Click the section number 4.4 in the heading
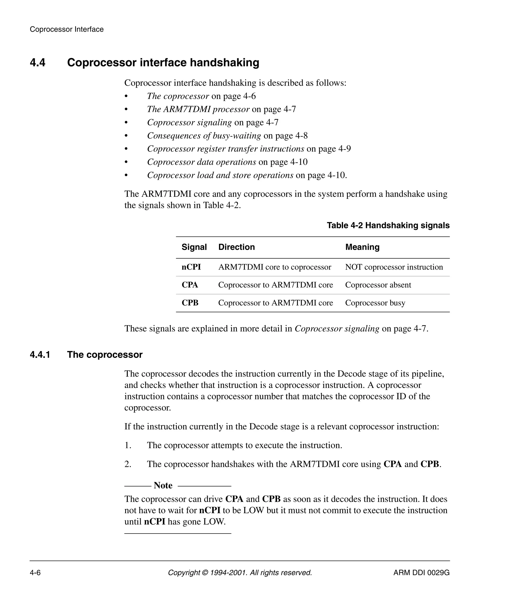point(37,63)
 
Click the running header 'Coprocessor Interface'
point(66,29)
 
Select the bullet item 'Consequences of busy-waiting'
point(204,136)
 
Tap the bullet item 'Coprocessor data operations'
point(201,162)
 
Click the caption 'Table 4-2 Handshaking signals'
point(388,225)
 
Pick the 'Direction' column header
point(236,247)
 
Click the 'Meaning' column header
point(362,247)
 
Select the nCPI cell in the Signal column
point(191,267)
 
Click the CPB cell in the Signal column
point(190,303)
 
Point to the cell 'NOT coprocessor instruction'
point(394,267)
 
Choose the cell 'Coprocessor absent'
point(378,285)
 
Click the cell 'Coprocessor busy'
point(375,303)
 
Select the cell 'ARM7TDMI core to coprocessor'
point(275,267)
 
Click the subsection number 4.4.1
point(40,355)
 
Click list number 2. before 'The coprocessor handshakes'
point(128,464)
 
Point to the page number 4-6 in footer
point(35,573)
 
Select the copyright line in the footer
point(240,573)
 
